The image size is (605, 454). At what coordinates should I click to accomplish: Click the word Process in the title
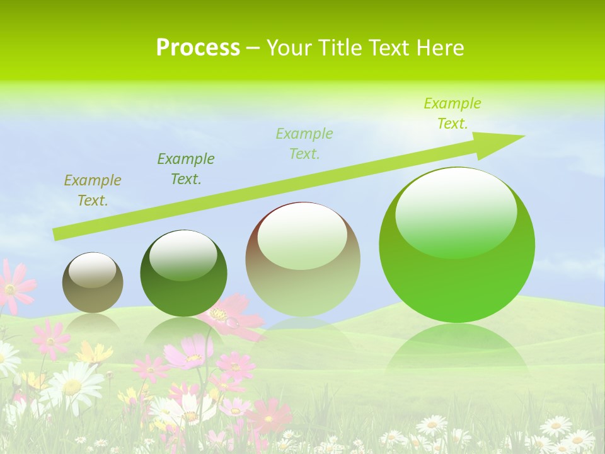click(x=198, y=48)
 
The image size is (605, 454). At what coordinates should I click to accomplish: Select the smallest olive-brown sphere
click(x=93, y=283)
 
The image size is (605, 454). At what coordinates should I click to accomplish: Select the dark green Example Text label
click(x=185, y=168)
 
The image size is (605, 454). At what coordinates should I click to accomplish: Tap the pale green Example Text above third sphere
click(x=304, y=143)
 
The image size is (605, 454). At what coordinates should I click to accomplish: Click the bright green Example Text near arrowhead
click(x=452, y=113)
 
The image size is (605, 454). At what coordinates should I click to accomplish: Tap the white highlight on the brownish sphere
click(x=302, y=236)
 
